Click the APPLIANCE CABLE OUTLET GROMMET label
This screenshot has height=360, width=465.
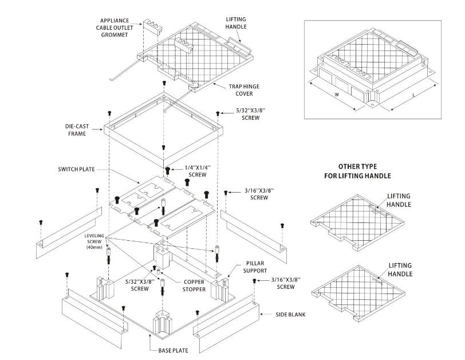[117, 27]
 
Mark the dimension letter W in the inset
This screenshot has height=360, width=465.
[337, 94]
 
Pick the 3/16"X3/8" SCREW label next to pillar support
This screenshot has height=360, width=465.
[285, 283]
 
